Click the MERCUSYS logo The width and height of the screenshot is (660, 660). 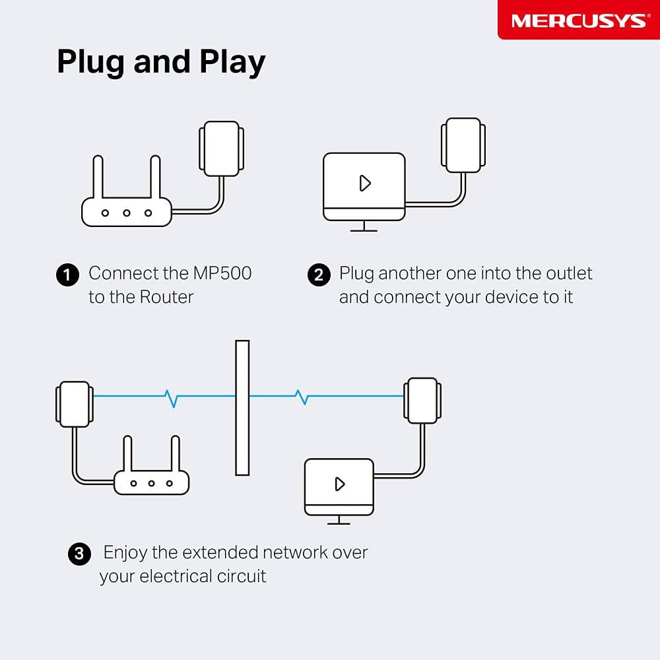point(578,20)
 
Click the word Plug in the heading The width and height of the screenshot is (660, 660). point(88,63)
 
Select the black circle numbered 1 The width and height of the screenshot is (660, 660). point(67,275)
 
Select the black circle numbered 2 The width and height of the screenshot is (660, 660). point(319,275)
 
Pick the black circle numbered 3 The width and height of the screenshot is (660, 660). point(79,553)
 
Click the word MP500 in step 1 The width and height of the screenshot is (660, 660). point(222,273)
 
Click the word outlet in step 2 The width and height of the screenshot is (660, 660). point(569,273)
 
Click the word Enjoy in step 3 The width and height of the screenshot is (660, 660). point(125,552)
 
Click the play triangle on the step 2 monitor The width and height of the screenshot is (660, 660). point(365,183)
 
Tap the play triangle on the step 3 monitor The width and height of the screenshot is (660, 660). point(340,484)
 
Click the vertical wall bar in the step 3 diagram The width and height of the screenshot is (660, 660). point(242,407)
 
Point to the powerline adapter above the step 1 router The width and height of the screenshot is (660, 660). point(221,148)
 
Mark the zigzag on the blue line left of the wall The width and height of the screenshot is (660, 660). point(172,397)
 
